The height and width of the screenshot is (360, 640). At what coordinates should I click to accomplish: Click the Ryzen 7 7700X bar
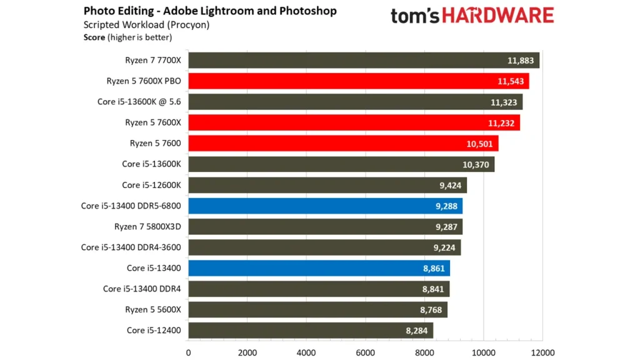pos(362,60)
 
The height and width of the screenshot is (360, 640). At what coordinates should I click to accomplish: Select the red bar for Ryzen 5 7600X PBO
pos(358,81)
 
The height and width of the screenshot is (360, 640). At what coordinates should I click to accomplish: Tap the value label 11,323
pos(503,102)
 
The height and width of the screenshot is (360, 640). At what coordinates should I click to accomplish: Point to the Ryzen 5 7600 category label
pos(155,144)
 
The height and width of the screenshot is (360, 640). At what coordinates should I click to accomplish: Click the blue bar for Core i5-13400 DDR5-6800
pos(325,206)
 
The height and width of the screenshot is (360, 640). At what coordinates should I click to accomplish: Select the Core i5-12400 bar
pos(310,330)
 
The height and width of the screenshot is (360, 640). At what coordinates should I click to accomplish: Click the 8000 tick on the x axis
pos(424,352)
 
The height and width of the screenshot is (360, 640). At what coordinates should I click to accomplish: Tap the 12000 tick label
pos(541,352)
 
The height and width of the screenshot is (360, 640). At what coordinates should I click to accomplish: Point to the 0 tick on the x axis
pos(189,352)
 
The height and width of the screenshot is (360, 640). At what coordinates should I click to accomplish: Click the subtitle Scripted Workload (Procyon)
pos(146,25)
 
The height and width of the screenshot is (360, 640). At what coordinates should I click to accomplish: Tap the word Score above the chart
pos(94,37)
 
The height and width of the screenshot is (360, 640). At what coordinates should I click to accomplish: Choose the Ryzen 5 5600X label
pos(154,309)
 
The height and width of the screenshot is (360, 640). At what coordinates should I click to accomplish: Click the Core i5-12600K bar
pos(327,185)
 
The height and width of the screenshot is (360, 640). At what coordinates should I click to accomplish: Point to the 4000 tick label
pos(306,352)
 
